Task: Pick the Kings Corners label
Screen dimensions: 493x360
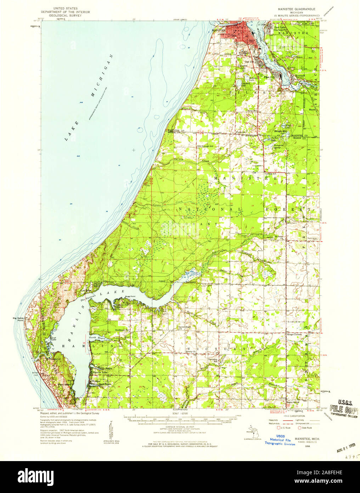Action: [293, 334]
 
